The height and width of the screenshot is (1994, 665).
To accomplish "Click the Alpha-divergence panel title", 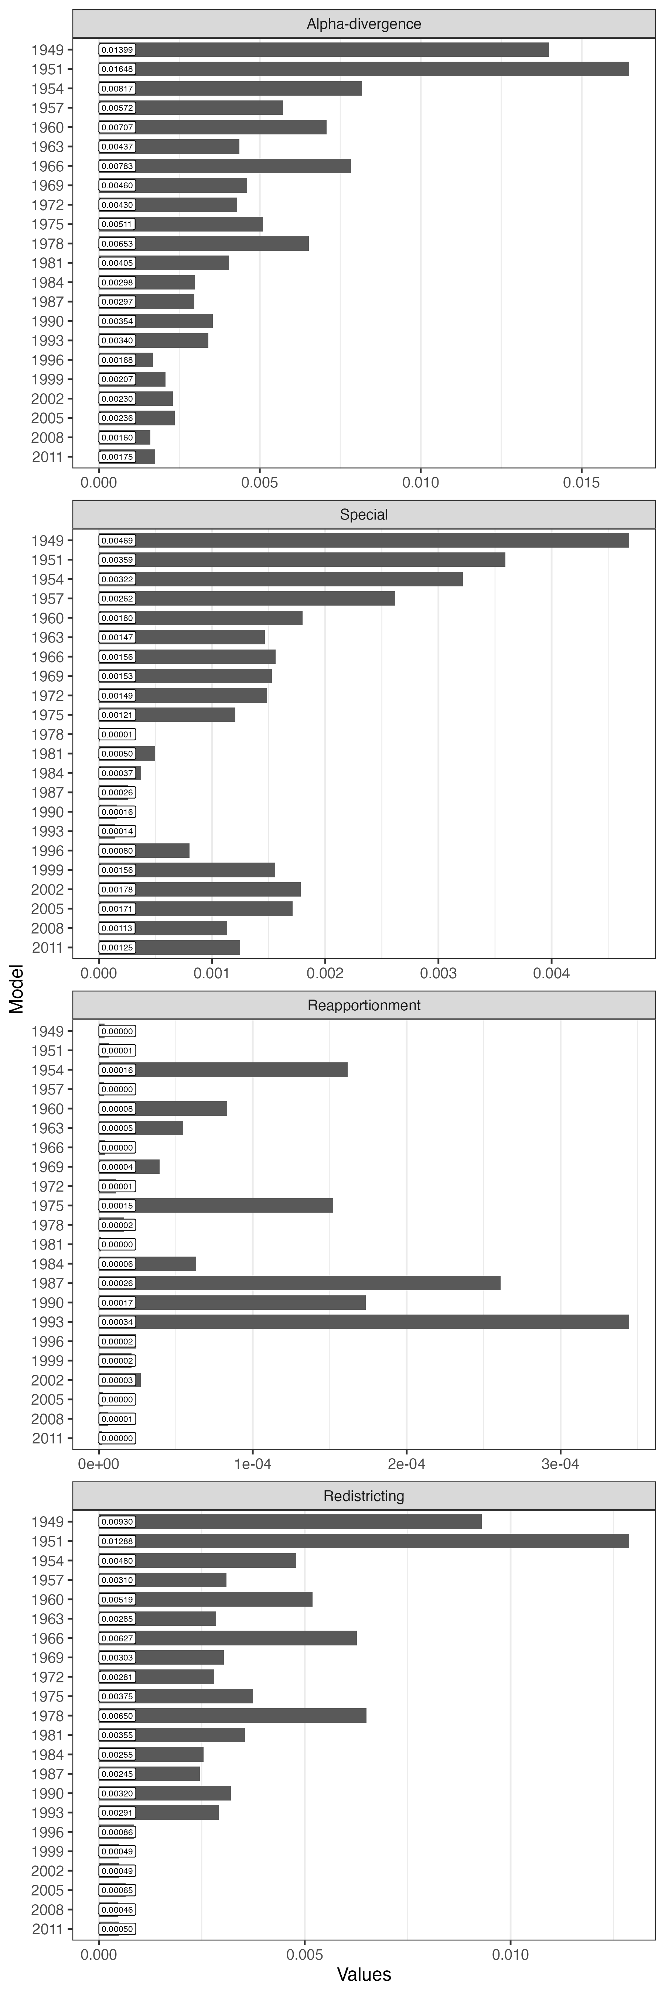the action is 364,24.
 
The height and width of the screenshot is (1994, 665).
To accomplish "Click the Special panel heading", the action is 364,515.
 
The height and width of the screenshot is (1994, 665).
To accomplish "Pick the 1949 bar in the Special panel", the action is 364,540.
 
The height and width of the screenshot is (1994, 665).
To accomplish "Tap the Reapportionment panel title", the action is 364,1005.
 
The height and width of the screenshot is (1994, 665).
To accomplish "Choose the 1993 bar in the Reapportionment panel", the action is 364,1322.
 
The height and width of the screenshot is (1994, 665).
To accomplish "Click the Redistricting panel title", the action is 364,1496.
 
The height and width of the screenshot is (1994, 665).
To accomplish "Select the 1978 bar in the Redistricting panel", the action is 232,1716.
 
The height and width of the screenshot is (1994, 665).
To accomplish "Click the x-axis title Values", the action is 364,1975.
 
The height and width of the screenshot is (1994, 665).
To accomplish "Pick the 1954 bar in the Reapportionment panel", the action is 223,1070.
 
